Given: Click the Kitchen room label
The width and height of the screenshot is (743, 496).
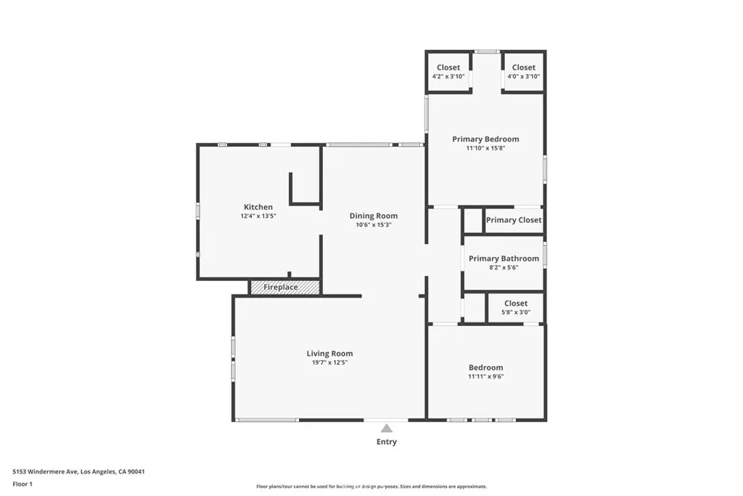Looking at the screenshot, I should click(258, 207).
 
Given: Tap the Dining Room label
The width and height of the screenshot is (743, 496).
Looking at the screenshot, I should click(374, 216).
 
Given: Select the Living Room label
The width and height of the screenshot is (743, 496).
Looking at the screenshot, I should click(329, 354).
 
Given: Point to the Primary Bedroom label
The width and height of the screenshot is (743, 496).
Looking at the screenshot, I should click(485, 139).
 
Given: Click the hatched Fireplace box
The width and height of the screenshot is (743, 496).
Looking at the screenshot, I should click(284, 288).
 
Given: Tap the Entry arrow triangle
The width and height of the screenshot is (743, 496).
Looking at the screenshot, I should click(387, 428).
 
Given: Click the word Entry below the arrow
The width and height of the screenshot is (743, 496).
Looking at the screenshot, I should click(387, 442).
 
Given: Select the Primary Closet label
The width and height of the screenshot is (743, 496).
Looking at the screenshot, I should click(514, 220).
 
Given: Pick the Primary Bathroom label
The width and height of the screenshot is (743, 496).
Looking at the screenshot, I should click(504, 259).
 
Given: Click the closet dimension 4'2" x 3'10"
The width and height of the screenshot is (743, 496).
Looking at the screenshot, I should click(448, 76).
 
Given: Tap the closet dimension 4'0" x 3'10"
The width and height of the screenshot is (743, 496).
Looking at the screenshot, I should click(524, 76).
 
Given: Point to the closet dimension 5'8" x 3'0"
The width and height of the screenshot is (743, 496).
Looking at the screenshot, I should click(516, 312).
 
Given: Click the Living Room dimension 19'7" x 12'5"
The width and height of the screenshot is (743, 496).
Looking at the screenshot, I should click(329, 362).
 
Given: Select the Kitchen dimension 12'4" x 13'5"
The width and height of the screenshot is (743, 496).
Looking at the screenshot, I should click(258, 216).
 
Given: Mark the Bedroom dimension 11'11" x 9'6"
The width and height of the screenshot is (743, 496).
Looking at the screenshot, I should click(485, 376).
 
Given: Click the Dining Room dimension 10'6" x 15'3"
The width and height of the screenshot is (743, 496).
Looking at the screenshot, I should click(374, 224).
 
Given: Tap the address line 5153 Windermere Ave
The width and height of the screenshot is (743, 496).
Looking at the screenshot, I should click(78, 471).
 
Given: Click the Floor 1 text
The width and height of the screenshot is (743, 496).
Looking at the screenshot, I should click(22, 483).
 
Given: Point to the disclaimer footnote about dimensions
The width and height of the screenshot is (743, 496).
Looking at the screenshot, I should click(371, 487).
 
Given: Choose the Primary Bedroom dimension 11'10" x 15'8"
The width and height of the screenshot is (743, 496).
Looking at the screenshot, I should click(485, 147).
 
